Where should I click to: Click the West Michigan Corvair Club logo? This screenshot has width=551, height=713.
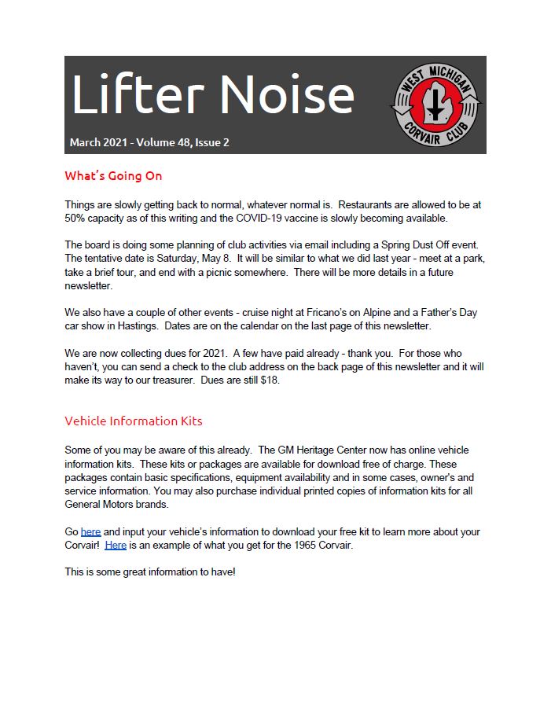(436, 104)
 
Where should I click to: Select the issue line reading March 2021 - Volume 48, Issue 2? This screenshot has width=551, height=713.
(149, 143)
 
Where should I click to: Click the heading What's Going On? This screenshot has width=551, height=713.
(113, 175)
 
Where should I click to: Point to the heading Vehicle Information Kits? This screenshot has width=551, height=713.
(133, 421)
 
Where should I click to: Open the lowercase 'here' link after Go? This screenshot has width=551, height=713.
(90, 532)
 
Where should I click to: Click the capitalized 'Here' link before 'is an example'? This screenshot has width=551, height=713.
(116, 545)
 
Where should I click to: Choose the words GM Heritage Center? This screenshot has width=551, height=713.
(323, 450)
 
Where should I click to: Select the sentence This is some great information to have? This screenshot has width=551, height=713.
(150, 572)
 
